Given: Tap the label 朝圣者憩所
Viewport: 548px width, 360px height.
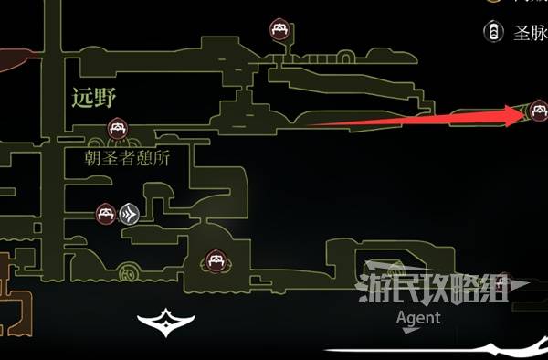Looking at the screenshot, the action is coord(129,156).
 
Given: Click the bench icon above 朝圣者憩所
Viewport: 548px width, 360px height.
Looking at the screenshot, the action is coord(117,128).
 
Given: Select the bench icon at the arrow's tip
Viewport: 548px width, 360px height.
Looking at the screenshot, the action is coord(538,112).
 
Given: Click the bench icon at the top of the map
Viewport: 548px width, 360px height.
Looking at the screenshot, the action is coord(279,31).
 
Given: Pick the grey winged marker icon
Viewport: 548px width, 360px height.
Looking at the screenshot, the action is coord(129,215).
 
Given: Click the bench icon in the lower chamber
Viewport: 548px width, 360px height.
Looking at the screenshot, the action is coord(216,260).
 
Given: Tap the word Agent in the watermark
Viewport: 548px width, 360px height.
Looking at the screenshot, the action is coord(418,318).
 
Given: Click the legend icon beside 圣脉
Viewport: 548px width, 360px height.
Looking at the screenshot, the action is coord(493,33).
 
